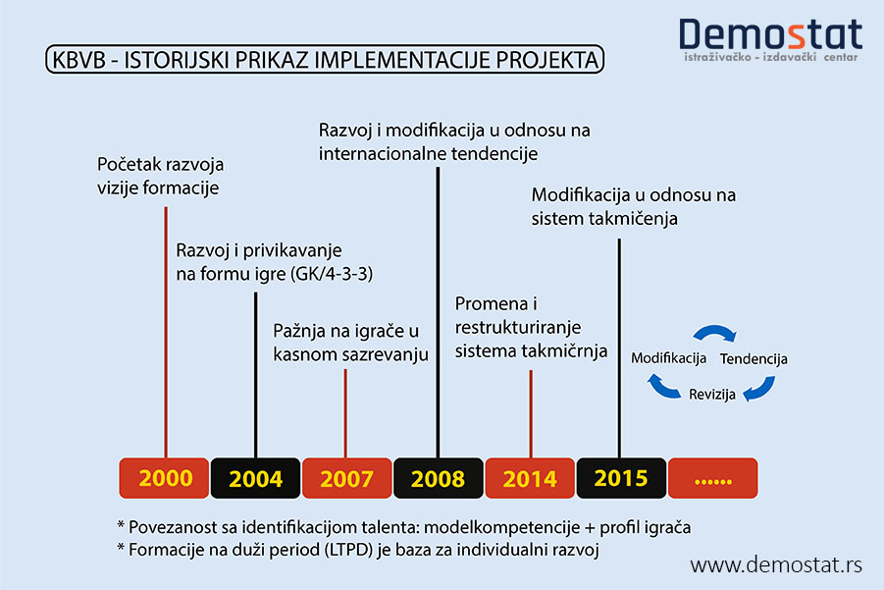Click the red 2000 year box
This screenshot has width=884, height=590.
click(164, 478)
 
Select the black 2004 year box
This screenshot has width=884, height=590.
click(255, 478)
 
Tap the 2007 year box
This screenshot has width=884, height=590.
click(346, 478)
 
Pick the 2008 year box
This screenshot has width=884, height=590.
click(438, 478)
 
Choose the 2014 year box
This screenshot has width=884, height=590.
click(530, 478)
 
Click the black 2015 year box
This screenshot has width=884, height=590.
click(621, 478)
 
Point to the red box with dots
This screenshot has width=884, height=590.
click(712, 478)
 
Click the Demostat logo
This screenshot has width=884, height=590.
click(771, 39)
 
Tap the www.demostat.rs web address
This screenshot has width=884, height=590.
click(776, 564)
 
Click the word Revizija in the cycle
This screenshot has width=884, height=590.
click(712, 395)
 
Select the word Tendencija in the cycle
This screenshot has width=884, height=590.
click(754, 358)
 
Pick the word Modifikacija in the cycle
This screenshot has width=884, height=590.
click(668, 358)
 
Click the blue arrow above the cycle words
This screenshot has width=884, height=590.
click(714, 331)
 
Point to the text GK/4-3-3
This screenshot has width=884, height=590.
click(332, 274)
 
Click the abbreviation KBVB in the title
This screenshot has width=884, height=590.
click(78, 60)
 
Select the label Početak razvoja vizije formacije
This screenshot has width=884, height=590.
click(160, 176)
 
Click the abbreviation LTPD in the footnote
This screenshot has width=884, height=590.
click(349, 550)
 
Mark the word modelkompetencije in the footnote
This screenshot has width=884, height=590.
click(501, 527)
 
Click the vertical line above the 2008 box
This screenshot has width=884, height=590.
click(438, 312)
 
